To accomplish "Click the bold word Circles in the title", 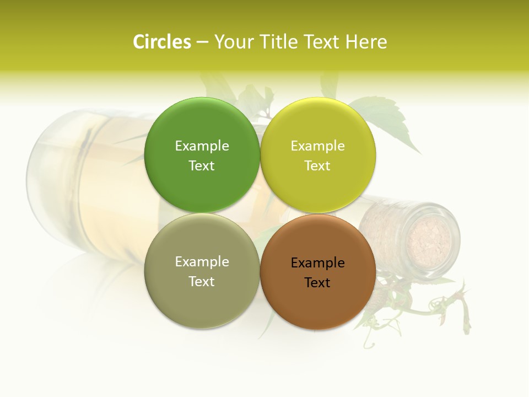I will pyautogui.click(x=162, y=42).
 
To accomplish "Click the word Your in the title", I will pyautogui.click(x=234, y=42).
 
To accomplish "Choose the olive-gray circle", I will pyautogui.click(x=202, y=271).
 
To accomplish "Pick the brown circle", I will pyautogui.click(x=318, y=271).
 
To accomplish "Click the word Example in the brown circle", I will pyautogui.click(x=318, y=263).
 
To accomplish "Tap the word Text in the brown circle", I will pyautogui.click(x=317, y=283).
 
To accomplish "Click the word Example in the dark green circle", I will pyautogui.click(x=202, y=146).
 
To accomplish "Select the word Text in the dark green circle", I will pyautogui.click(x=202, y=166).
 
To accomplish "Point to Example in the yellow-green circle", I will pyautogui.click(x=318, y=146).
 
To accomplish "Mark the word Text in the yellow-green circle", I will pyautogui.click(x=317, y=166).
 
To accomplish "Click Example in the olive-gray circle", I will pyautogui.click(x=202, y=262).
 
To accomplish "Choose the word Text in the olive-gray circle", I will pyautogui.click(x=202, y=282).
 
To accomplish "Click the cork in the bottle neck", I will pyautogui.click(x=429, y=240).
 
